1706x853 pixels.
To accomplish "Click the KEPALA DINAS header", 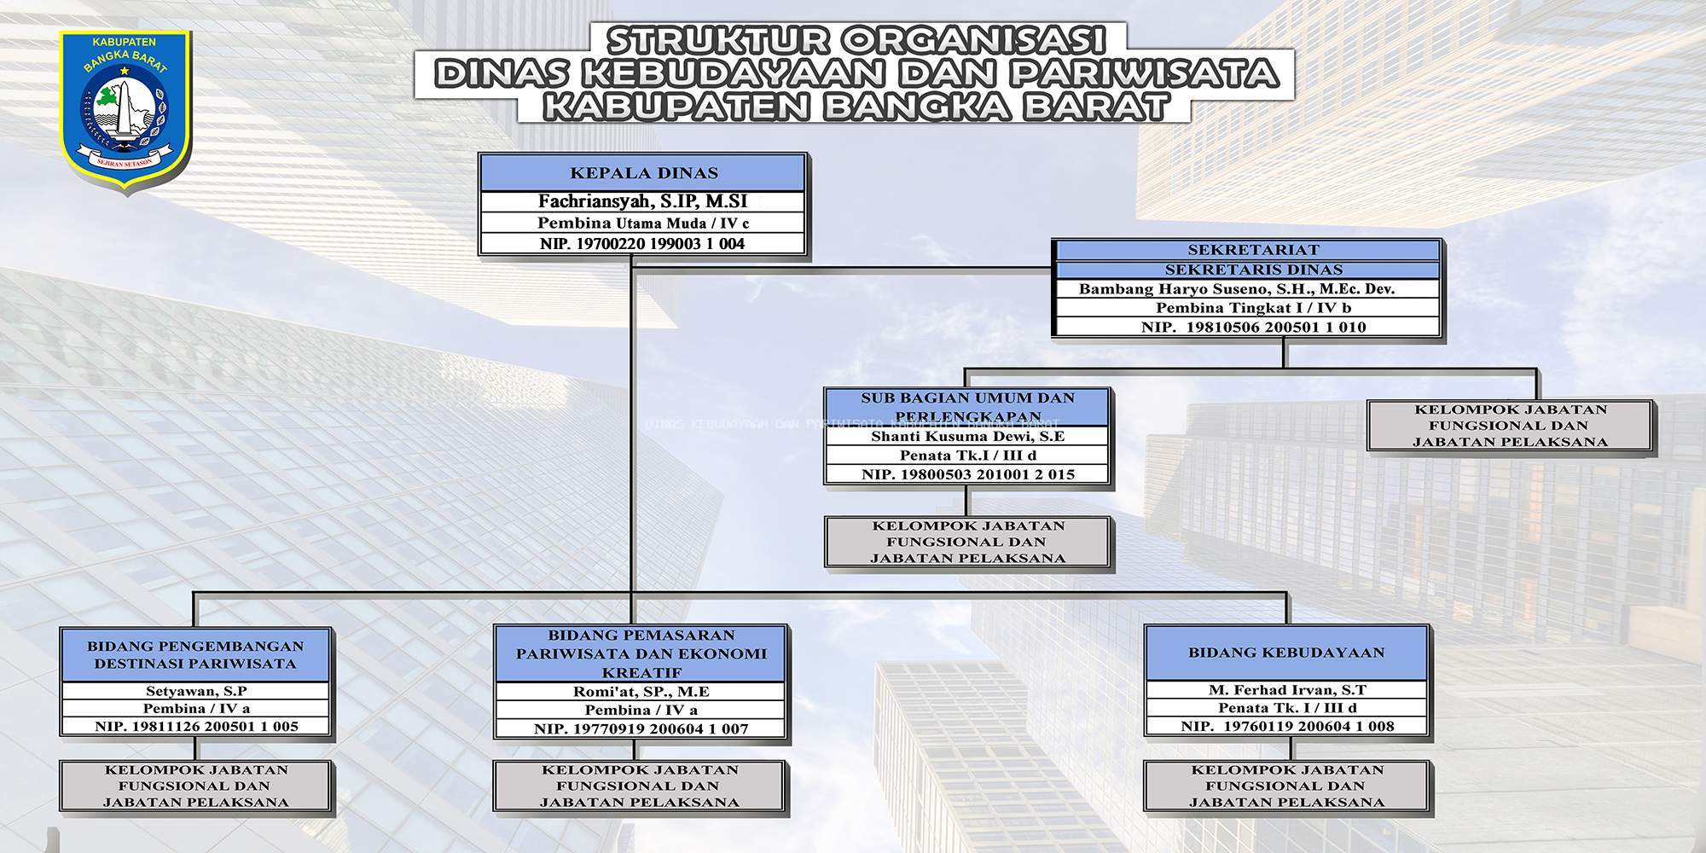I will (x=643, y=173).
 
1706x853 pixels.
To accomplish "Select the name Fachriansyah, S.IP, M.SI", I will (x=643, y=202).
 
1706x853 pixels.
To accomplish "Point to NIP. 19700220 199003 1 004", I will (x=643, y=244).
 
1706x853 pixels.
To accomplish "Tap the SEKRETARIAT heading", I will (x=1248, y=250).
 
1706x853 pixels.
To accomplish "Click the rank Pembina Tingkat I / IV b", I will (x=1248, y=308).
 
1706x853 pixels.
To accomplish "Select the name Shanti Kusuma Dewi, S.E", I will (x=967, y=437).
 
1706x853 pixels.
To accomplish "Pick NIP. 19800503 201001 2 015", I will (x=967, y=474).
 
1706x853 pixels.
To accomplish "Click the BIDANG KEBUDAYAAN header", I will (x=1286, y=653).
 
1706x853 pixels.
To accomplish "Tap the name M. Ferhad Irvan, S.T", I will (x=1286, y=690).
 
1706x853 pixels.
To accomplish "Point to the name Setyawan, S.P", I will (x=196, y=691).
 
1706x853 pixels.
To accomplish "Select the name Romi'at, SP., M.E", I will (x=641, y=692).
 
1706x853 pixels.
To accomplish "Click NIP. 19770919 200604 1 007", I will (x=641, y=729).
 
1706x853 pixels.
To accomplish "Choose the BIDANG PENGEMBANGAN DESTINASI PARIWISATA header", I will (x=196, y=655).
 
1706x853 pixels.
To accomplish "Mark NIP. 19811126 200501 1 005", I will (x=196, y=727).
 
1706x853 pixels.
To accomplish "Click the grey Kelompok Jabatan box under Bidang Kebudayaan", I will (x=1286, y=786).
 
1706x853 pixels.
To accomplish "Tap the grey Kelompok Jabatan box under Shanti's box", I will (x=967, y=542).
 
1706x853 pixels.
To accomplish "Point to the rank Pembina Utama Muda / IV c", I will (x=643, y=223).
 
